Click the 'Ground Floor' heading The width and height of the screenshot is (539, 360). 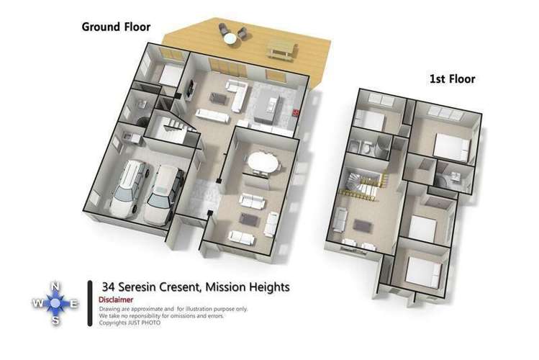(116, 27)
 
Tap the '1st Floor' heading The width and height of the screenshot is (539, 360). (452, 78)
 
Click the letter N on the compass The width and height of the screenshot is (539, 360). (55, 287)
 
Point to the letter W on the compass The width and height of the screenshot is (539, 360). (36, 305)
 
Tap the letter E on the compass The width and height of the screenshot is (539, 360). (73, 305)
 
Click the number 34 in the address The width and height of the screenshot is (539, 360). (109, 287)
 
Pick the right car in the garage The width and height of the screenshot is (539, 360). (163, 194)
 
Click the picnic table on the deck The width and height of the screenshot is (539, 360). (282, 49)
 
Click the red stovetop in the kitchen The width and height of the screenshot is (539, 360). (297, 112)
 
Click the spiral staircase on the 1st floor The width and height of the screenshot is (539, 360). (357, 184)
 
